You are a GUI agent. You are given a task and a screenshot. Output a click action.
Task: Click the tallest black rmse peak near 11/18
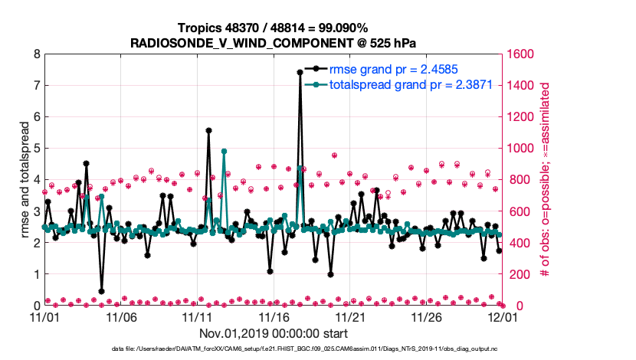click(300, 72)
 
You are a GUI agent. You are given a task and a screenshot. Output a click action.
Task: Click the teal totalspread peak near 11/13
click(224, 152)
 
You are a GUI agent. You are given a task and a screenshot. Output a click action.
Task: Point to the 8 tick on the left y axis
click(35, 54)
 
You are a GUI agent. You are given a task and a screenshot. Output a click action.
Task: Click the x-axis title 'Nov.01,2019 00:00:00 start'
click(274, 333)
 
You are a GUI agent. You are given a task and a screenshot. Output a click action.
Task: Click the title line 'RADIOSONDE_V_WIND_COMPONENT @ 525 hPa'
click(274, 42)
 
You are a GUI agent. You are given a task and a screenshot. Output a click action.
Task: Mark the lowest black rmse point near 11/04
click(101, 291)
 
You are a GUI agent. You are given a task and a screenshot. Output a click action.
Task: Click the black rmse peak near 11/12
click(208, 130)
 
